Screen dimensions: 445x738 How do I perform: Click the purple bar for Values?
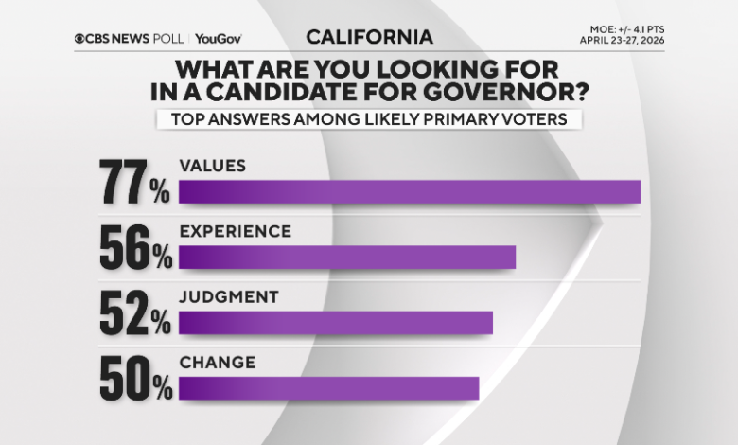coord(409,191)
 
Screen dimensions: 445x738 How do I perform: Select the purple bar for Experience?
coord(346,258)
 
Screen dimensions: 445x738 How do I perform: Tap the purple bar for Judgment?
coord(335,323)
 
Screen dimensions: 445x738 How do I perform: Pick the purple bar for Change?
coord(328,388)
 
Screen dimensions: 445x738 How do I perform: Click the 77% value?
coord(135,183)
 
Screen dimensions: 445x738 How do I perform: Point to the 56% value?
coord(135,248)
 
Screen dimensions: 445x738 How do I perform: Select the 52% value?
coord(135,313)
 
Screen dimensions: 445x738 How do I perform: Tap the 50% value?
coord(135,379)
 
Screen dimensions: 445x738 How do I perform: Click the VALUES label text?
coord(212,165)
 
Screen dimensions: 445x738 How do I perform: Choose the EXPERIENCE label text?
coord(235,231)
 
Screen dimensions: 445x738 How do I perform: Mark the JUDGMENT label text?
coord(228,296)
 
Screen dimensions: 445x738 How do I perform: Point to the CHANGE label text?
coord(217,362)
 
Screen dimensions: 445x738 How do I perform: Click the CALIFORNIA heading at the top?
coord(369,37)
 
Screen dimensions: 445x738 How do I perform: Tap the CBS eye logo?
coord(80,38)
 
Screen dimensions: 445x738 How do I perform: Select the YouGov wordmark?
coord(220,38)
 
